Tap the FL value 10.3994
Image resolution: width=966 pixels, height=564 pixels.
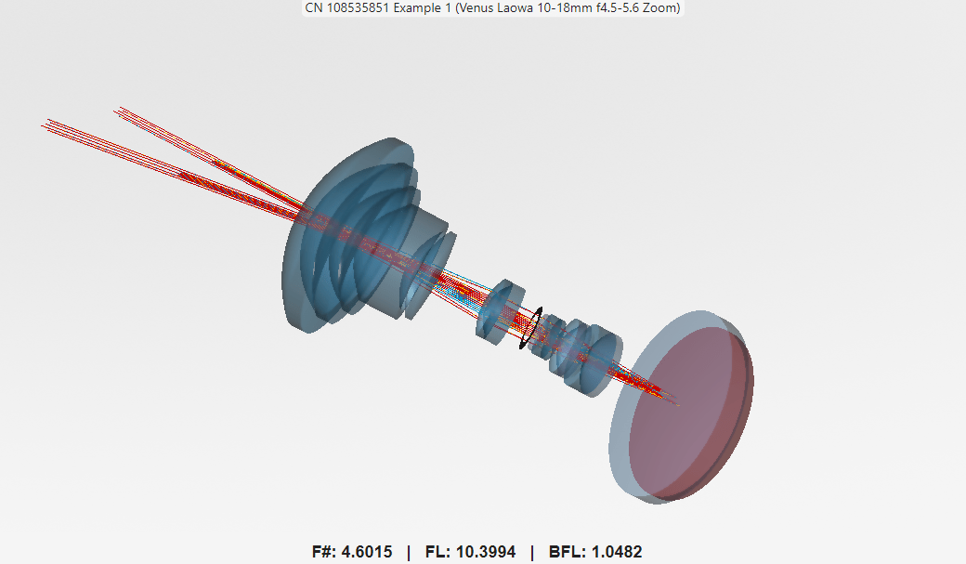coord(489,552)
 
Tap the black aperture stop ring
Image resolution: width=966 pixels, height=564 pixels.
coord(529,330)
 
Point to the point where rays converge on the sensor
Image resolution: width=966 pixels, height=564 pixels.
coord(676,404)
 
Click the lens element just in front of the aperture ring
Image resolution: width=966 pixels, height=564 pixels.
coord(499,308)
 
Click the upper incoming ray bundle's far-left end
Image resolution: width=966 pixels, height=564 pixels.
coord(117,111)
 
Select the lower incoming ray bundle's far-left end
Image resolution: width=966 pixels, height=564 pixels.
coord(45,123)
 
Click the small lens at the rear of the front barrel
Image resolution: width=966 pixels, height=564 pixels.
coord(434,274)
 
